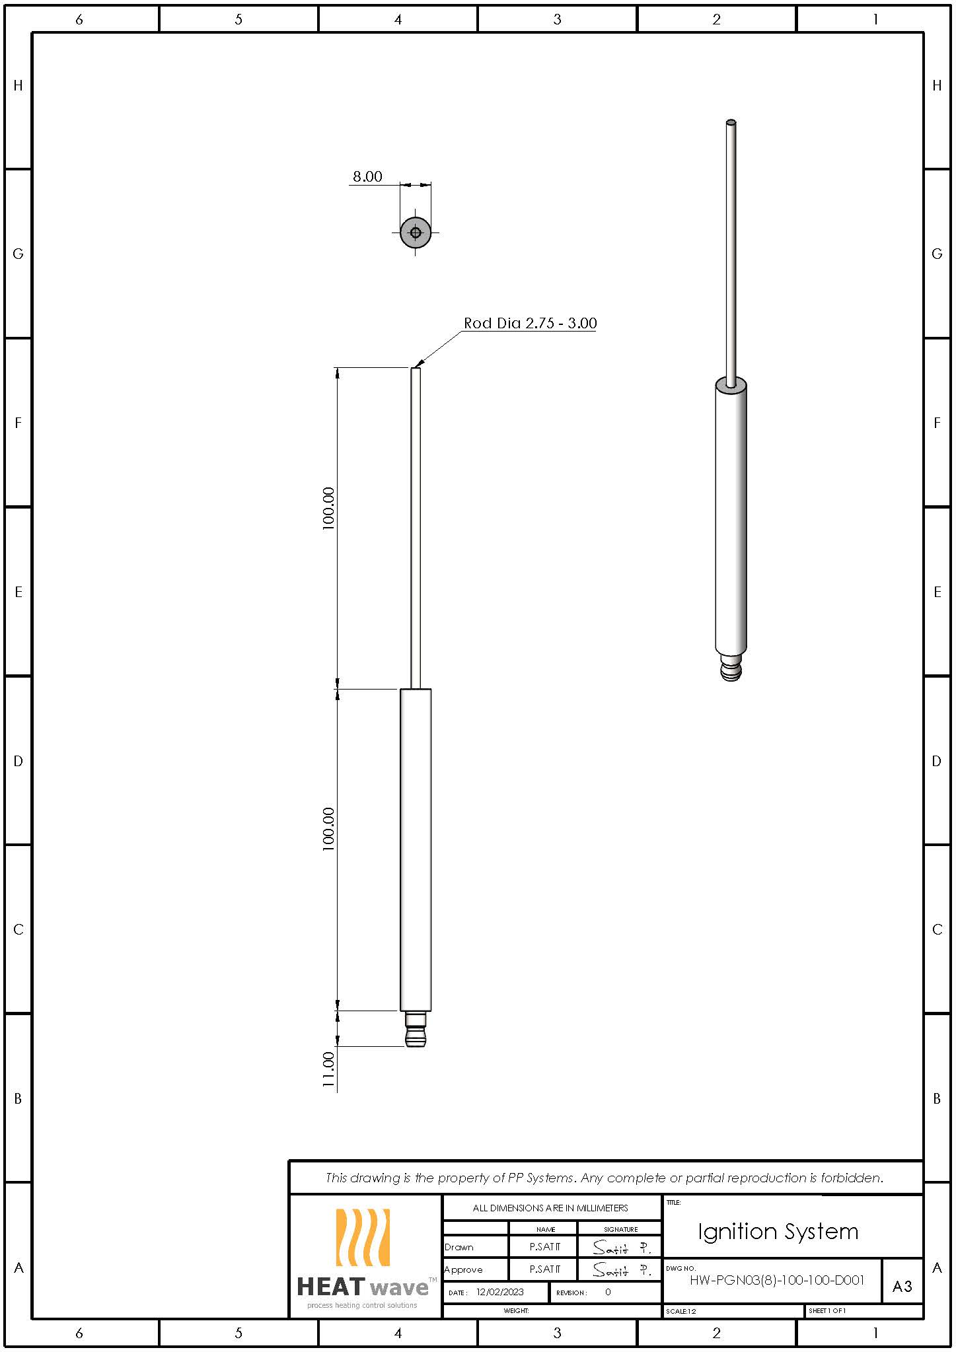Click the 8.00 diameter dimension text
(367, 176)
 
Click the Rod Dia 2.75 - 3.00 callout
(530, 323)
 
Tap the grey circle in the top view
(416, 232)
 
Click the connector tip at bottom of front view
(416, 1030)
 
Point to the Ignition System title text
(778, 1231)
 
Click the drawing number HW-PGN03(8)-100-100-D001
(776, 1280)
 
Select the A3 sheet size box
(902, 1286)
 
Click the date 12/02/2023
(499, 1292)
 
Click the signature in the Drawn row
(620, 1247)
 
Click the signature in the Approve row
(620, 1269)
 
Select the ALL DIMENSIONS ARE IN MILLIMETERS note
(550, 1207)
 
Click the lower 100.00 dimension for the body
(329, 829)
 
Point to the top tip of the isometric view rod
(731, 123)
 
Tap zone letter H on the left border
(18, 85)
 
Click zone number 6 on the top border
(79, 19)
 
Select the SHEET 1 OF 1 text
(827, 1310)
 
